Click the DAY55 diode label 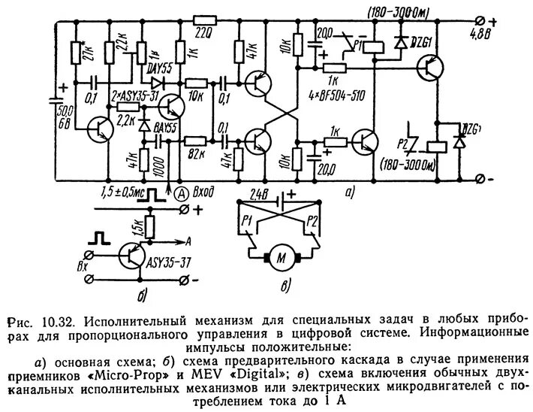158,68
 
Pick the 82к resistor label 197,153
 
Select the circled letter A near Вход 182,192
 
